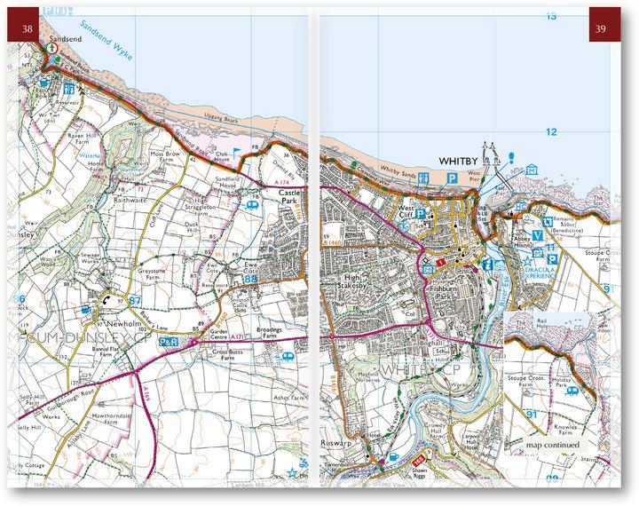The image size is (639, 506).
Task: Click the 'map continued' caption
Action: tap(552, 445)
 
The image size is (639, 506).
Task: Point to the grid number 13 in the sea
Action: tap(551, 16)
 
